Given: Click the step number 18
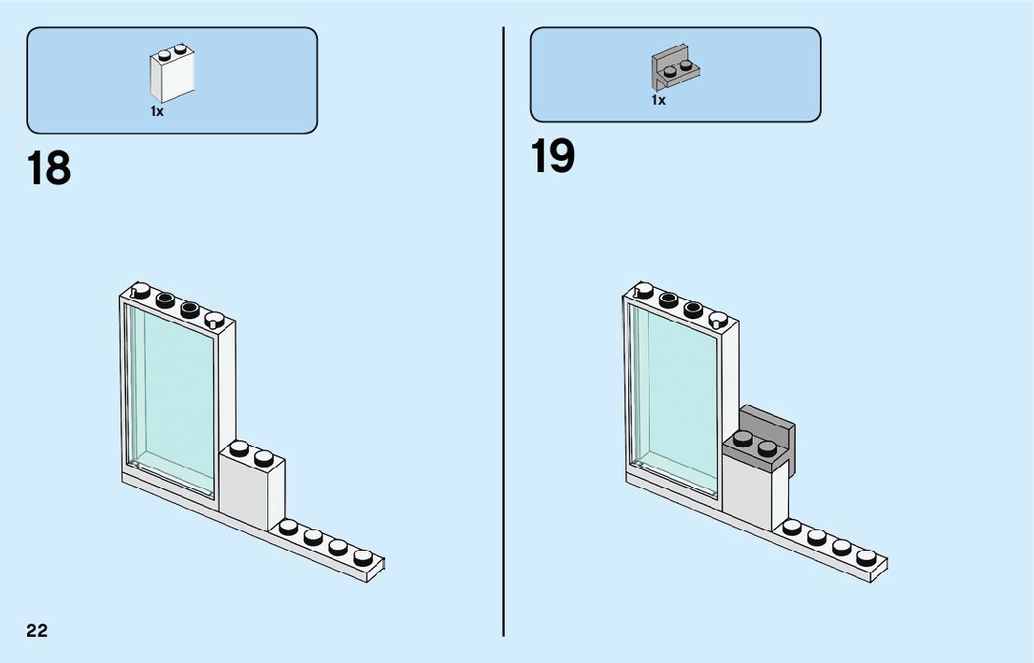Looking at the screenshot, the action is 49,168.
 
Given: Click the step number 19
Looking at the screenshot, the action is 553,156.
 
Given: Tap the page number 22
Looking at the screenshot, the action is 36,630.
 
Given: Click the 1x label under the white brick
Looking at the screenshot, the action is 157,111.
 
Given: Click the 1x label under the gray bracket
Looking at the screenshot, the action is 659,100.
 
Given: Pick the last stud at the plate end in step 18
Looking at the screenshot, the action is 363,556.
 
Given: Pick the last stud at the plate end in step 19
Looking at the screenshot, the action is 866,556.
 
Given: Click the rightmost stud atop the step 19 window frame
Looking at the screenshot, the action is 718,320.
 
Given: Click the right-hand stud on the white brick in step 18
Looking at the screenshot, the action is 264,457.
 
